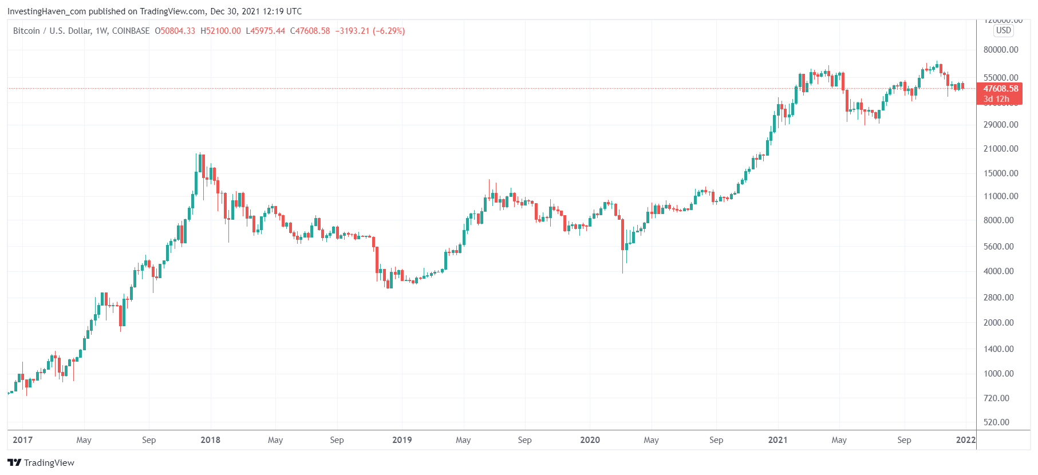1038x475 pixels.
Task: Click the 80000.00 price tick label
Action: pyautogui.click(x=1001, y=50)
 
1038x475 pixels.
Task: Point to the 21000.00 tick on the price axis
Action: pyautogui.click(x=1001, y=149)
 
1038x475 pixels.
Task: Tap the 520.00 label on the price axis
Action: pyautogui.click(x=996, y=422)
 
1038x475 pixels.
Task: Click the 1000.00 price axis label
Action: pyautogui.click(x=998, y=374)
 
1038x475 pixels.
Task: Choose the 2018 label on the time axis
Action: pyautogui.click(x=210, y=440)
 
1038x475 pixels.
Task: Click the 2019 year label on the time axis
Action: pyautogui.click(x=402, y=440)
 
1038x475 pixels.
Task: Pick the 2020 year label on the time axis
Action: pyautogui.click(x=590, y=440)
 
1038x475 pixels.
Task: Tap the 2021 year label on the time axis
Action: pyautogui.click(x=777, y=440)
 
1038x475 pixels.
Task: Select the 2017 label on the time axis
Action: pyautogui.click(x=22, y=440)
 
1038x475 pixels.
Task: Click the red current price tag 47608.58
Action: pyautogui.click(x=1000, y=89)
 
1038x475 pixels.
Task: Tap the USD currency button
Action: pyautogui.click(x=1003, y=30)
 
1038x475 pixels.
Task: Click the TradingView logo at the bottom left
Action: pyautogui.click(x=41, y=462)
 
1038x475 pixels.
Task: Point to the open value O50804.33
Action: pyautogui.click(x=175, y=31)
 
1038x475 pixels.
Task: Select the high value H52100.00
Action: pyautogui.click(x=220, y=31)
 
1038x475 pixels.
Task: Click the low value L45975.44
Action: pyautogui.click(x=265, y=31)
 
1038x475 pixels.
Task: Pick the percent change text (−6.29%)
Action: pyautogui.click(x=389, y=31)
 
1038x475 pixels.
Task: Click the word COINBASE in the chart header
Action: pyautogui.click(x=131, y=31)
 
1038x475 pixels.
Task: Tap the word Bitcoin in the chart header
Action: pyautogui.click(x=26, y=31)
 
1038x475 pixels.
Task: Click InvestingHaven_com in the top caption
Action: pyautogui.click(x=47, y=11)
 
